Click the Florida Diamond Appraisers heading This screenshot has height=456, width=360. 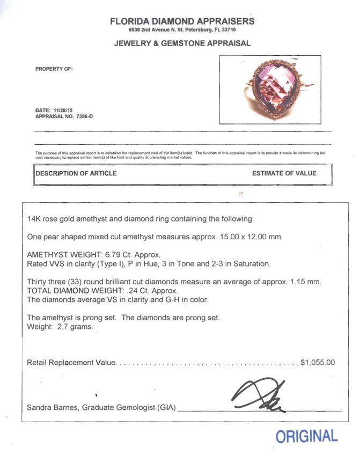click(x=182, y=21)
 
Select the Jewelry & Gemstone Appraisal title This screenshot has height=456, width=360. click(x=182, y=43)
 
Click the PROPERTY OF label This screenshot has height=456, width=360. click(x=54, y=69)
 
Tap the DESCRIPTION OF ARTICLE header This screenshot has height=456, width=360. click(x=76, y=173)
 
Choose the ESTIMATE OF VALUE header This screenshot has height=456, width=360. click(x=284, y=173)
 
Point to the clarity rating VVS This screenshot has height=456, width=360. click(x=55, y=264)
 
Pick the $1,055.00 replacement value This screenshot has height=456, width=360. click(x=318, y=363)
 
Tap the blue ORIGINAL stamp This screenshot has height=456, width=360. click(x=307, y=436)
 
